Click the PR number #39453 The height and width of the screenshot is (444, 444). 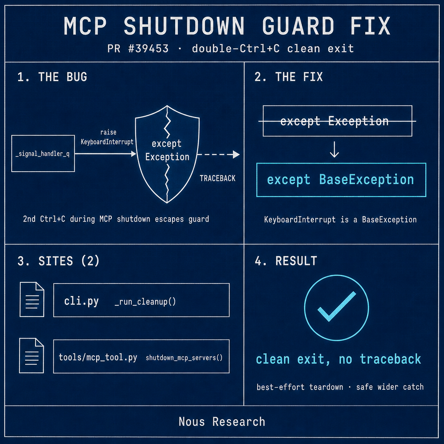pos(148,49)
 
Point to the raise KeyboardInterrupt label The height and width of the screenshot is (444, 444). pos(107,137)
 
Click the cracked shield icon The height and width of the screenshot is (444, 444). pos(167,154)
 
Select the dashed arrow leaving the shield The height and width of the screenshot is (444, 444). pos(219,154)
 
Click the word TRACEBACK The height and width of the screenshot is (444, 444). pos(218,178)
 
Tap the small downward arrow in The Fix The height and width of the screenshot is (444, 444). pos(334,149)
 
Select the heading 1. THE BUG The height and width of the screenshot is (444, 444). pos(52,77)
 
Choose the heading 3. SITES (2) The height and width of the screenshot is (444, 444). pos(59,261)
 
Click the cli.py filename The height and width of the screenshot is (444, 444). pos(81,301)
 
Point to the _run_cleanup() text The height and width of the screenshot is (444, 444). pos(145,302)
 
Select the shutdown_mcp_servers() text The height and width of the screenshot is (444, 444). pos(184,358)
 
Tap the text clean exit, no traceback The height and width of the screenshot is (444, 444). pos(338,359)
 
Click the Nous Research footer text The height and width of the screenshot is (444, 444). pos(222,421)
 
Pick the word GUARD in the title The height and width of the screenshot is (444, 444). pos(298,26)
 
